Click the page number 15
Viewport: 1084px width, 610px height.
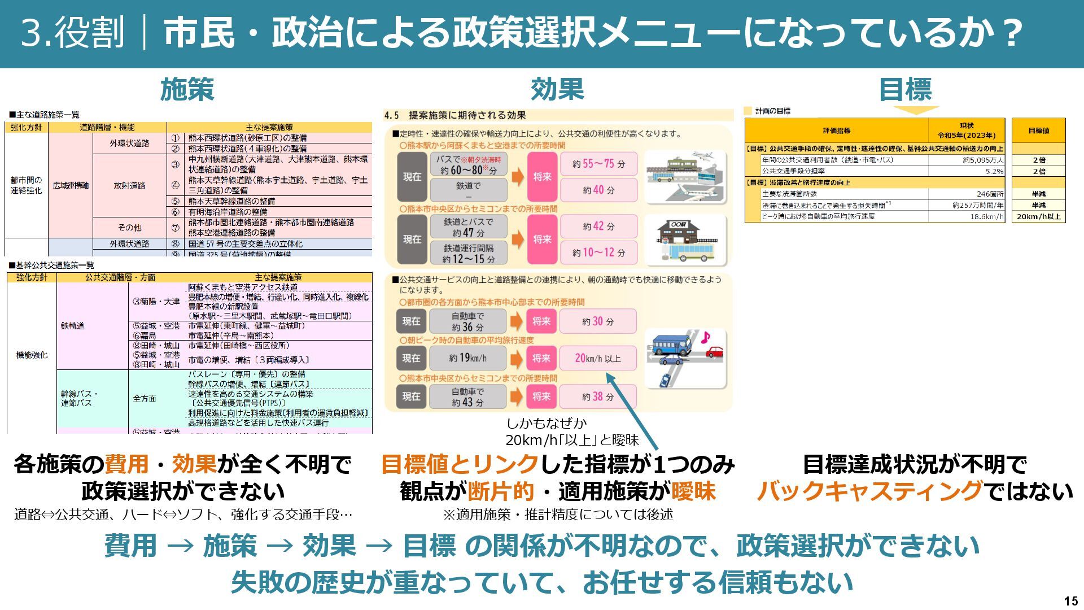click(x=1070, y=601)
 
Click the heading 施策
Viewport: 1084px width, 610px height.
click(x=187, y=89)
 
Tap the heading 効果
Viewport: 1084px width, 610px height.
click(x=557, y=89)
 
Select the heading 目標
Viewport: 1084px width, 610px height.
click(x=905, y=89)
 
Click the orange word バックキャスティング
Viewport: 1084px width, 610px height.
click(x=869, y=491)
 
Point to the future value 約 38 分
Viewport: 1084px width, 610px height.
click(x=597, y=396)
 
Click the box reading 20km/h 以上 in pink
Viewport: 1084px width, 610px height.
click(x=597, y=358)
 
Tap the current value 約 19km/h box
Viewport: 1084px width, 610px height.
click(x=467, y=358)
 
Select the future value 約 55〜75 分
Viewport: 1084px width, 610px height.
click(x=598, y=164)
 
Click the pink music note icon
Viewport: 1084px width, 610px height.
click(x=705, y=338)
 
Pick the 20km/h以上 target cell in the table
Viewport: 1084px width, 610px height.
click(x=1038, y=216)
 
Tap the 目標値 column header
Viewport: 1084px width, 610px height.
click(x=1038, y=130)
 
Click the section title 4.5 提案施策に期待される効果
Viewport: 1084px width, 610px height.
click(x=455, y=115)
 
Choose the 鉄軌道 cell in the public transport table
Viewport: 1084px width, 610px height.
click(x=73, y=326)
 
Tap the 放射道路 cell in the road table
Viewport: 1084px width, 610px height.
click(x=129, y=185)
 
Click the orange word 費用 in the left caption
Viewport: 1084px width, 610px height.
click(x=126, y=464)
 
